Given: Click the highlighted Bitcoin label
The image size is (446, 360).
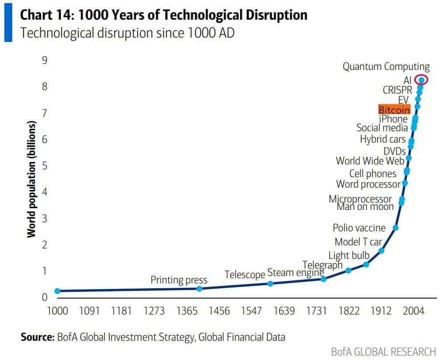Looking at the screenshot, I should [x=394, y=109].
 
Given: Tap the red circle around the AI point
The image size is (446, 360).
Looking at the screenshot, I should [x=421, y=80].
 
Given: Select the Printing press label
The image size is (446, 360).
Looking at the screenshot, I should [x=179, y=280].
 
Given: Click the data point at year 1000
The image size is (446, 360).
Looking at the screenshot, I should [x=57, y=291].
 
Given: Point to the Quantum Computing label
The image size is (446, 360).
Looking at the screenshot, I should [x=386, y=67].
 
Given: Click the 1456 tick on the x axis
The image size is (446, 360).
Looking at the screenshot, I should [x=219, y=311].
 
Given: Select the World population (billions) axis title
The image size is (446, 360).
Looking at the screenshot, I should [x=31, y=179].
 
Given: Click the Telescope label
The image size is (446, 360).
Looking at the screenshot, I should [x=245, y=275].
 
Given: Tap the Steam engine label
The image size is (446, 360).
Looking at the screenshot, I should [x=296, y=273].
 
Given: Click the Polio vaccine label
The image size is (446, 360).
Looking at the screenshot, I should [x=359, y=228].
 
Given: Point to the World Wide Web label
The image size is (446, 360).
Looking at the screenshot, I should [x=370, y=161].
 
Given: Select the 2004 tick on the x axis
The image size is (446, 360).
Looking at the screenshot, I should [x=413, y=311].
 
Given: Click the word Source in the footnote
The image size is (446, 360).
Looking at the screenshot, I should [x=37, y=337].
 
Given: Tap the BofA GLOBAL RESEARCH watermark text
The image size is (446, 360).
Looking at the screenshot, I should [x=383, y=352].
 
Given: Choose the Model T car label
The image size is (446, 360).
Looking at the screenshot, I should [x=358, y=242].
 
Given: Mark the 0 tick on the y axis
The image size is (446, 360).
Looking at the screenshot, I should [x=45, y=297].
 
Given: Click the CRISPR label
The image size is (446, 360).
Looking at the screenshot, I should [x=397, y=90].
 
